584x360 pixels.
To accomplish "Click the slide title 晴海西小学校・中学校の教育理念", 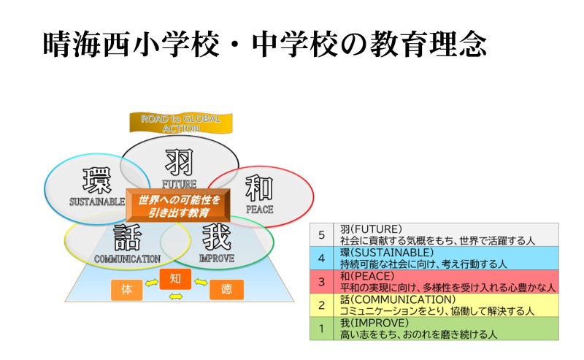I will (x=264, y=45).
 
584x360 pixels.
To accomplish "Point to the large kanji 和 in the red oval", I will (x=258, y=188).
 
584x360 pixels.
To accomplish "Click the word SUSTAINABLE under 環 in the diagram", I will (x=97, y=201).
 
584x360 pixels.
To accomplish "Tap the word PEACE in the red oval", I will (x=259, y=210).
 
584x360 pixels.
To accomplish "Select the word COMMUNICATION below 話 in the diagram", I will (x=127, y=258).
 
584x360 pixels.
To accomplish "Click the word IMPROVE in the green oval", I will (x=217, y=258).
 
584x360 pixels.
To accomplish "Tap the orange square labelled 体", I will (x=127, y=290).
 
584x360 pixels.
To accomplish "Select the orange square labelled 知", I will (x=174, y=278).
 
